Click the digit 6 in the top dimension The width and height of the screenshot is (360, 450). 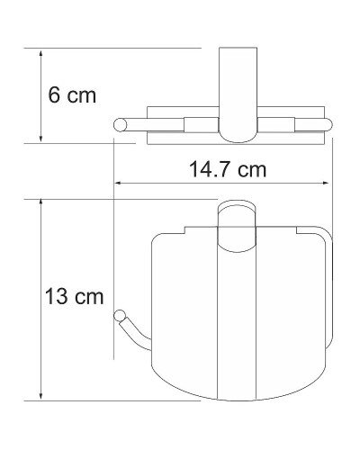click(x=55, y=94)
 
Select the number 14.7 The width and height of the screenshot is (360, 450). click(x=214, y=168)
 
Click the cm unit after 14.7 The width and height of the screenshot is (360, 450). click(x=255, y=168)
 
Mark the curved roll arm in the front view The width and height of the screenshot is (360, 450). click(x=135, y=337)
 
